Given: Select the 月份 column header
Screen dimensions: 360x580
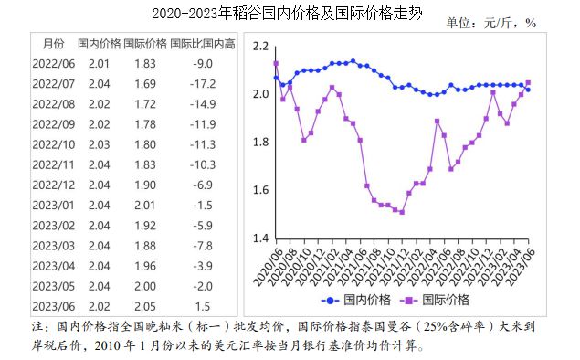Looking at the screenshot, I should click(54, 43).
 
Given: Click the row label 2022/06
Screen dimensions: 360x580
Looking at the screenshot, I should click(54, 63).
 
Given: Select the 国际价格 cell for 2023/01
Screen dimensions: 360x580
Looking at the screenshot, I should click(145, 204).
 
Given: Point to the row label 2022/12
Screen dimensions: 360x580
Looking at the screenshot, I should click(54, 184).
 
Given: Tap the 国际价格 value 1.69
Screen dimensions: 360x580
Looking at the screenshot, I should click(145, 83).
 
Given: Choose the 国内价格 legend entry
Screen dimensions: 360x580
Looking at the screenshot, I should click(358, 300).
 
